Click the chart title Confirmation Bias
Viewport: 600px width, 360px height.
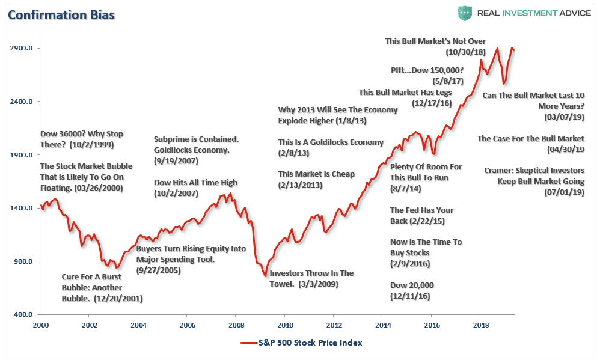pos(60,14)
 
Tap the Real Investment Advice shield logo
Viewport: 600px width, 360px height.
pos(465,14)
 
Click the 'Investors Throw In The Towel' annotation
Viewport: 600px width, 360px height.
pos(311,278)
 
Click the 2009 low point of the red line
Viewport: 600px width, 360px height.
pos(265,276)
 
